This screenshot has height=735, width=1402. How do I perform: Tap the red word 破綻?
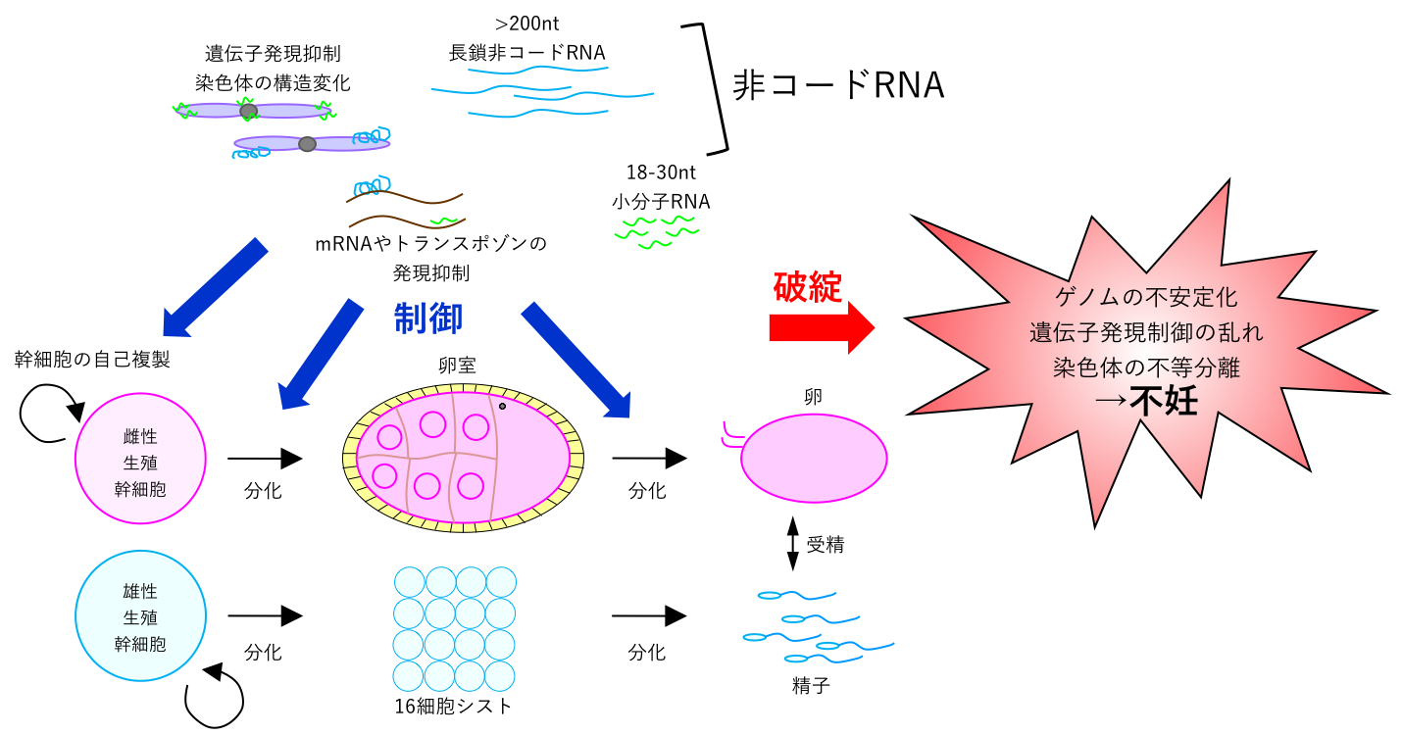tap(807, 287)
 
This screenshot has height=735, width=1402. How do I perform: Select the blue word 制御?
tap(428, 318)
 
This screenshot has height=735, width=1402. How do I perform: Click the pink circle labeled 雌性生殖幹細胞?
tap(140, 459)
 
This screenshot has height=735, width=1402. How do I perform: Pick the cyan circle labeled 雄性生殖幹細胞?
tap(140, 615)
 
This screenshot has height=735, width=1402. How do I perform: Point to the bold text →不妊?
tap(1145, 401)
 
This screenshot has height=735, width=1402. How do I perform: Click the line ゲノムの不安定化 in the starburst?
tap(1146, 297)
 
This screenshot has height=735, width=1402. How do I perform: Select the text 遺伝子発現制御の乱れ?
tap(1146, 332)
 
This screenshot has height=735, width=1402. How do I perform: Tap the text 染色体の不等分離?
tap(1146, 367)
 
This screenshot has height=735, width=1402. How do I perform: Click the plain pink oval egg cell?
tap(814, 458)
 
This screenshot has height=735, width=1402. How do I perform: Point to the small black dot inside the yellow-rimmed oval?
tap(502, 406)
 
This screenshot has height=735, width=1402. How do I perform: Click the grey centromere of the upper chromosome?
tap(248, 111)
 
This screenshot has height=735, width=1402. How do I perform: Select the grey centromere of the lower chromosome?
tap(307, 144)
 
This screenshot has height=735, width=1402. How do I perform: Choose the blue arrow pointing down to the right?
tap(576, 361)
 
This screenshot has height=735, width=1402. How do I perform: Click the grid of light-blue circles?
tap(455, 629)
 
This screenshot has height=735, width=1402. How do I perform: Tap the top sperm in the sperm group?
tap(796, 595)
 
